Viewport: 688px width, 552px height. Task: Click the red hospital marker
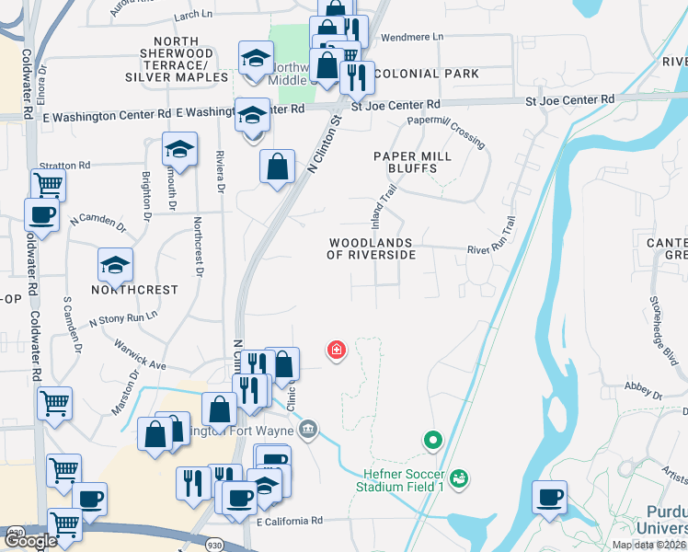tap(338, 350)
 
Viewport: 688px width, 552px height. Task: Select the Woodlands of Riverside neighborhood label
tap(371, 248)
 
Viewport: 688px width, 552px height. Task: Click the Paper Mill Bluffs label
tap(412, 163)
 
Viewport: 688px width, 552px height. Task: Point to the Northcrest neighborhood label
tap(134, 289)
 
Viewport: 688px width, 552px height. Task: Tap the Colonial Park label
tap(427, 74)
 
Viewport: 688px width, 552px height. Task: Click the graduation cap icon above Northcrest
tap(116, 265)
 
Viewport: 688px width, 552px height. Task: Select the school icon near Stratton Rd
tap(180, 149)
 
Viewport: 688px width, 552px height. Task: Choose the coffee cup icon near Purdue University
tap(550, 497)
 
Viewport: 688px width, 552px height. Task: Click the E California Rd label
tap(290, 521)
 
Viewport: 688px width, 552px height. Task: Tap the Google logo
tap(30, 541)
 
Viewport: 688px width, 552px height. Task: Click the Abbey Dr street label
tap(644, 390)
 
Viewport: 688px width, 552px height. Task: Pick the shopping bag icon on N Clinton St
tap(277, 168)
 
